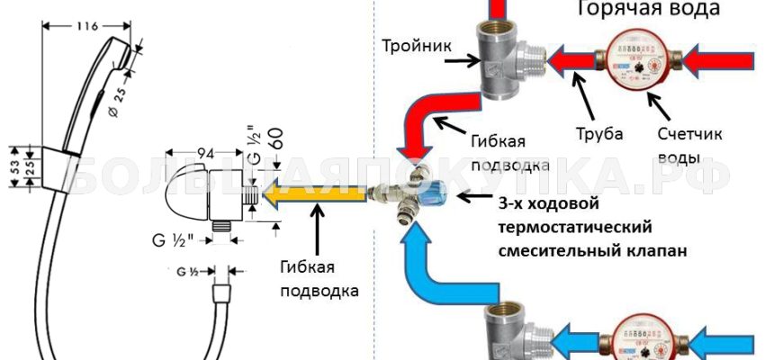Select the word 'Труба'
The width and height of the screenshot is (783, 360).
coord(599,133)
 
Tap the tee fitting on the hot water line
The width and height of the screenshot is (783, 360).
coord(500,65)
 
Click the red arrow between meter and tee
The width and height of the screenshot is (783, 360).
coord(572,62)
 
